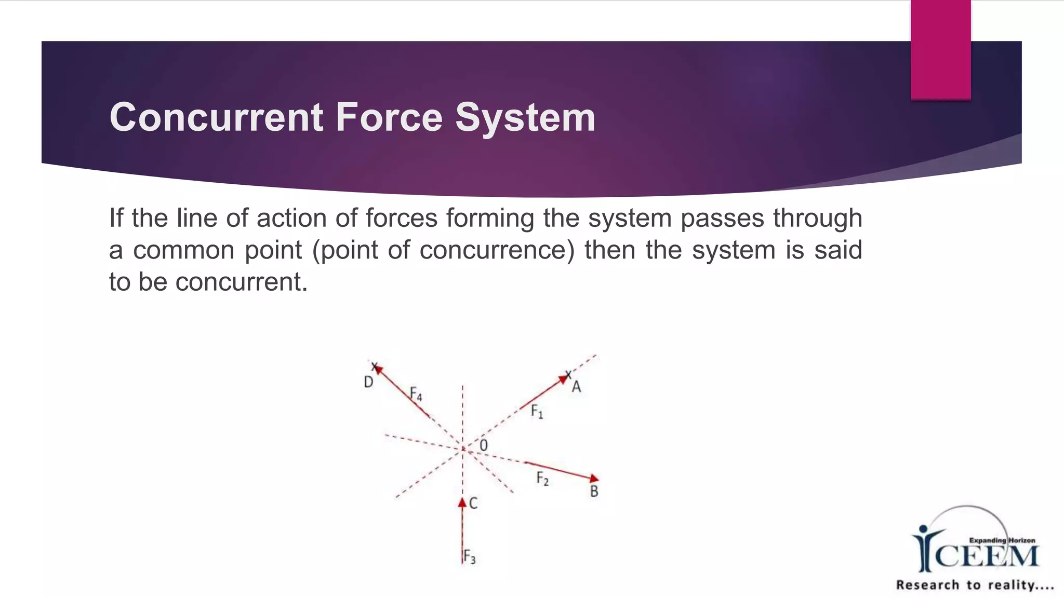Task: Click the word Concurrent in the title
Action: coord(216,117)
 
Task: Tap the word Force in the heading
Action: coord(389,117)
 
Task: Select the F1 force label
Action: coord(537,412)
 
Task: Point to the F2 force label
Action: coord(542,478)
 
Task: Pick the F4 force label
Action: coord(416,394)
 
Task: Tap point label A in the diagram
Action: coord(576,387)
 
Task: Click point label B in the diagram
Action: coord(594,491)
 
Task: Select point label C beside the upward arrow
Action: coord(473,503)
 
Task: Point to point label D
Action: coord(368,383)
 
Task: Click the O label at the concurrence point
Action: coord(484,445)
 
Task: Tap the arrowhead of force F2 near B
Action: coord(594,478)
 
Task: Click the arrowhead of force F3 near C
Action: coord(462,502)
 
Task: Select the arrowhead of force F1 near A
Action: coord(563,380)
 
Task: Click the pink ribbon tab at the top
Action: coord(940,49)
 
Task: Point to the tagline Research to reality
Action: coord(975,585)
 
